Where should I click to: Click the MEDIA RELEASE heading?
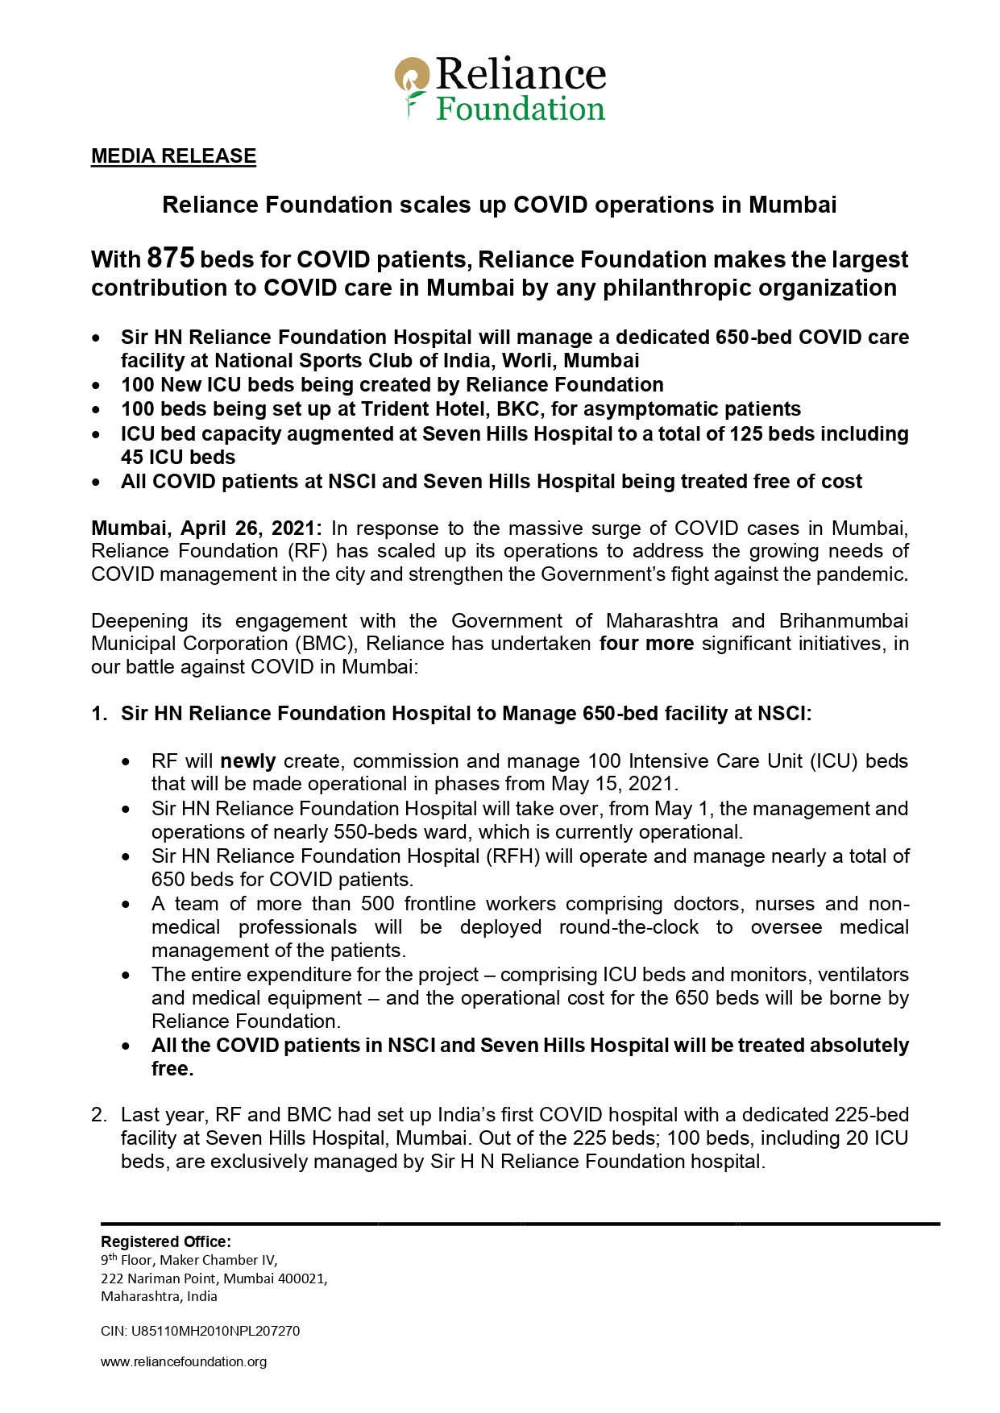pyautogui.click(x=173, y=156)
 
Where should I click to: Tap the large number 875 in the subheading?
pyautogui.click(x=171, y=259)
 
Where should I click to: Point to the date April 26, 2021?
pyautogui.click(x=251, y=528)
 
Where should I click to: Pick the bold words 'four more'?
pyautogui.click(x=646, y=644)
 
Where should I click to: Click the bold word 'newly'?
pyautogui.click(x=248, y=761)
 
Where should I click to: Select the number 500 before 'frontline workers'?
pyautogui.click(x=377, y=904)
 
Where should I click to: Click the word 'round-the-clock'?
pyautogui.click(x=629, y=927)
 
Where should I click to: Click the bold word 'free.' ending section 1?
pyautogui.click(x=172, y=1069)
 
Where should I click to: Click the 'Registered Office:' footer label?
pyautogui.click(x=165, y=1241)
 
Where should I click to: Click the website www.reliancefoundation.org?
pyautogui.click(x=184, y=1361)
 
